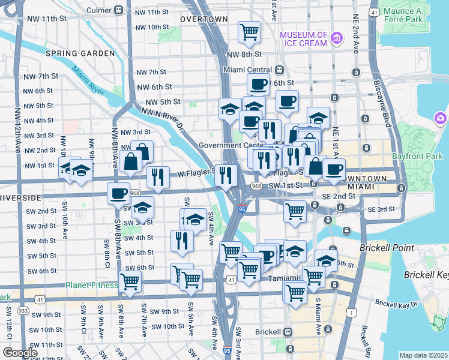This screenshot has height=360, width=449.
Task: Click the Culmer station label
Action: [x=98, y=10]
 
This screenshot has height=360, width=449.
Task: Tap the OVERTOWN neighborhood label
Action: [x=204, y=20]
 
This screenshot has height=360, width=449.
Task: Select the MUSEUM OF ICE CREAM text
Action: [x=303, y=39]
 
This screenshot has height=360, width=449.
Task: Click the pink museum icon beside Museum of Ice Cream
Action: [x=336, y=39]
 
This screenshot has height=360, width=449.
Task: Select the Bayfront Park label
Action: [x=420, y=156]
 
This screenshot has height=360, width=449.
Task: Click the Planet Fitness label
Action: [x=92, y=285]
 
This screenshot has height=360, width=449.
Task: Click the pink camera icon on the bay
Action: [x=441, y=118]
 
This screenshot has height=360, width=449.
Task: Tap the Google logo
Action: [x=20, y=353]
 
